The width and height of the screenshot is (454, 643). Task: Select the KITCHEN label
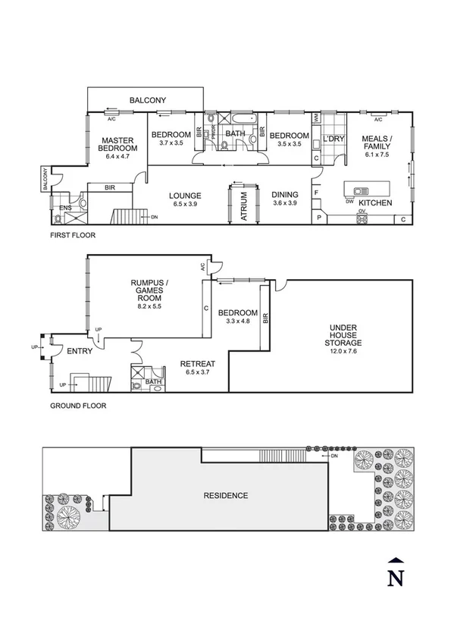[x=374, y=204]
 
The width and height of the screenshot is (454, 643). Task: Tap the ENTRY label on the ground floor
[x=80, y=351]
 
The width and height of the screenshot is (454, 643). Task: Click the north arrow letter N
[x=395, y=579]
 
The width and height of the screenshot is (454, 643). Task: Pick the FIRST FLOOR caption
[x=73, y=236]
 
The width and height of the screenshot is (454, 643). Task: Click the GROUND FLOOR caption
[x=78, y=406]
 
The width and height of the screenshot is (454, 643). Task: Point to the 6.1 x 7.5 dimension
[x=377, y=154]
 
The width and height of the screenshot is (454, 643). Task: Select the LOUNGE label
[x=184, y=195]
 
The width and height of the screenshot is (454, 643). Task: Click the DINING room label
[x=286, y=195]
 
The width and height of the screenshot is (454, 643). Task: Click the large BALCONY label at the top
[x=148, y=100]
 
